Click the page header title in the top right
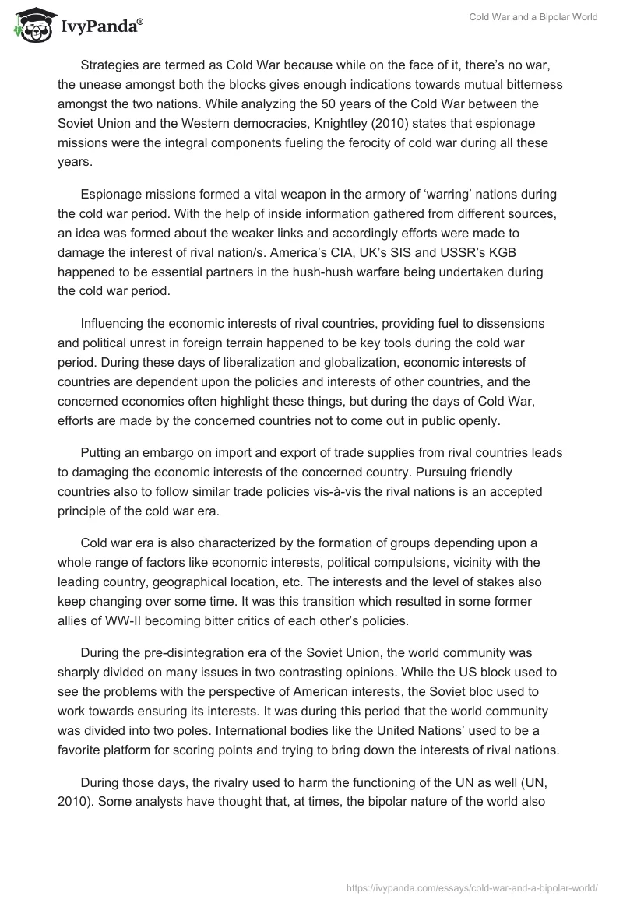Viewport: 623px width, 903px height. tap(533, 18)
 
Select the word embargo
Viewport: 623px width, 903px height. tap(155, 452)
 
